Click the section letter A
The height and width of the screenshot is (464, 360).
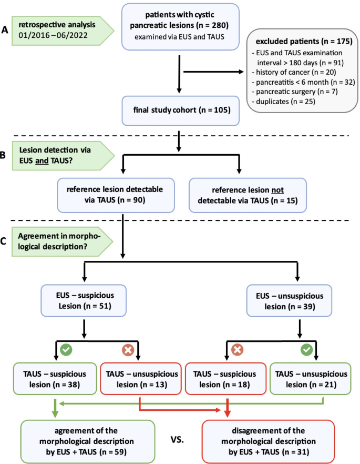(5, 30)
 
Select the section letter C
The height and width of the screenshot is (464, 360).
(5, 241)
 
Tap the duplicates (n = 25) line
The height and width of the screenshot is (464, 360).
(284, 101)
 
